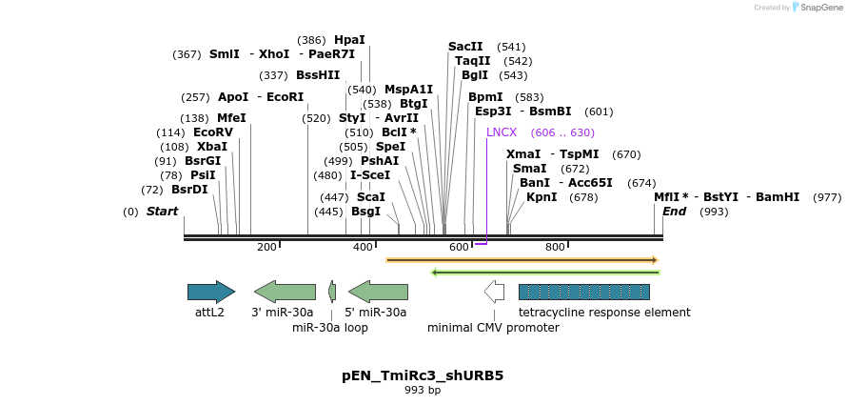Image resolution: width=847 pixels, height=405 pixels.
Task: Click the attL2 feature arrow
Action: coord(210,292)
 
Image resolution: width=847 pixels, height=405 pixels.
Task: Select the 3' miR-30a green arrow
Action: coord(285,292)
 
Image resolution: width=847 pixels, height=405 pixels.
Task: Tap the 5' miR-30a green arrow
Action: coord(378,292)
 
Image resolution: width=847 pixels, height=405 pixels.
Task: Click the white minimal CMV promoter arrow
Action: coord(494,292)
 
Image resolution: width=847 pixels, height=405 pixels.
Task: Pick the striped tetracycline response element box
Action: coord(583,292)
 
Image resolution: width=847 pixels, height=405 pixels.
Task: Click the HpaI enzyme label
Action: coord(349,40)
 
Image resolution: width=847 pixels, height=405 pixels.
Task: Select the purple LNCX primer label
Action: coord(502,132)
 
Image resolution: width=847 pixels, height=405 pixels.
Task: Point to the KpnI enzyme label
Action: coord(542,197)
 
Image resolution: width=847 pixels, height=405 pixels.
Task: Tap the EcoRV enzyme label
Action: coord(212,132)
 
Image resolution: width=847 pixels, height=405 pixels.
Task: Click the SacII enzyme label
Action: coord(465,47)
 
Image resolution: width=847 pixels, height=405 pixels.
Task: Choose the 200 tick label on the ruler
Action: coord(266,248)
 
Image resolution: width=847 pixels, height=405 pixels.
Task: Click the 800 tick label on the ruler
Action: coord(555,248)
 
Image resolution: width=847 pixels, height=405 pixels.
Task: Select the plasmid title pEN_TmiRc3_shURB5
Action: coord(423,375)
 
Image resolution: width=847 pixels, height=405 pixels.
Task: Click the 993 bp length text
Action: coord(423,391)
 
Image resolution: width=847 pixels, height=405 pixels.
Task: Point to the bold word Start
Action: coord(162,212)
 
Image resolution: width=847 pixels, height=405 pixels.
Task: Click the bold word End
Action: coord(674,212)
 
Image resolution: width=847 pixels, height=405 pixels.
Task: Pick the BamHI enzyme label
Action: coord(778,197)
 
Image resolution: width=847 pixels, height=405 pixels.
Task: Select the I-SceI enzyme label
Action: coord(370,175)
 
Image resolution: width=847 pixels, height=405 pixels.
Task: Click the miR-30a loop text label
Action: coord(329,328)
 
